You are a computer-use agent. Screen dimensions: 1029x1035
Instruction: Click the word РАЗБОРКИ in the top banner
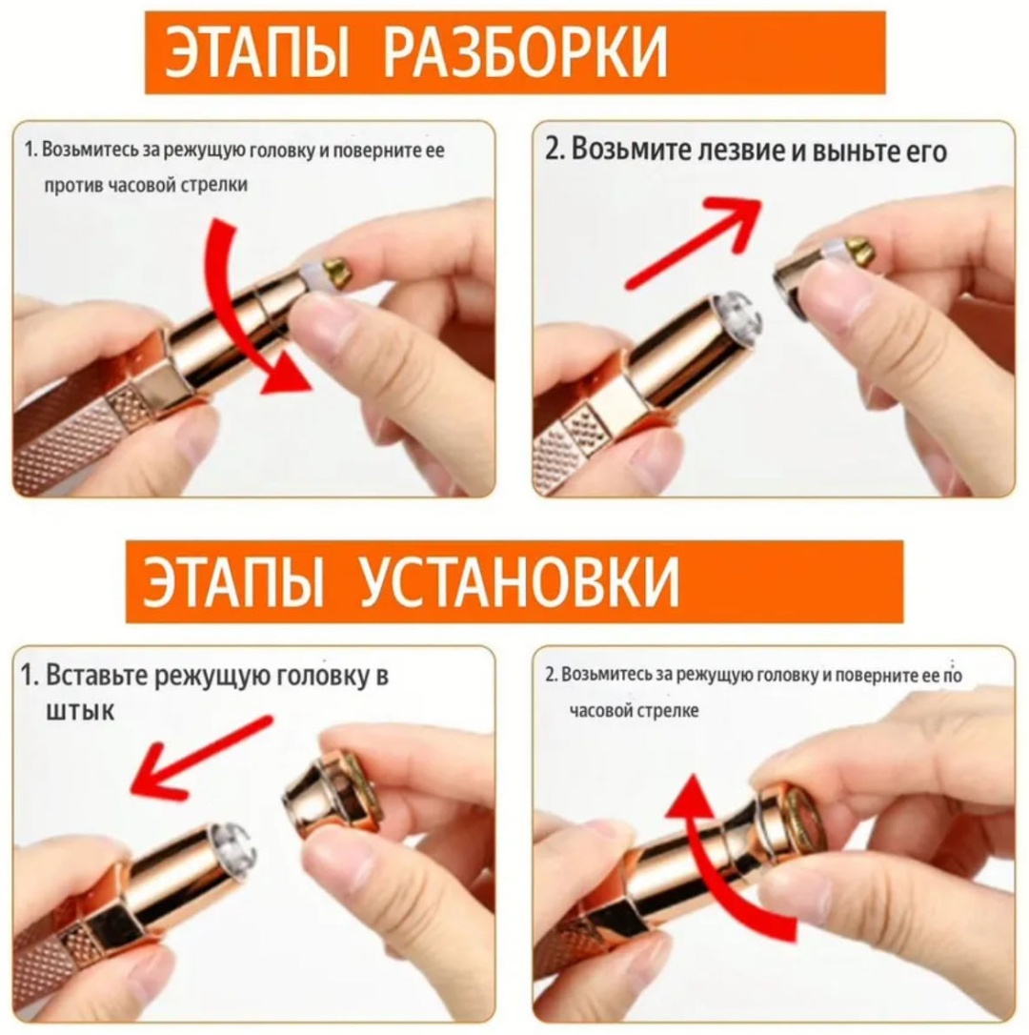coord(525,52)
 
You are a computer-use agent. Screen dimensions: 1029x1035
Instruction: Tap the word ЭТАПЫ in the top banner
coord(256,52)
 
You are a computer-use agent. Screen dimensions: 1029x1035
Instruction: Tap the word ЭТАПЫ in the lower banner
coord(233,580)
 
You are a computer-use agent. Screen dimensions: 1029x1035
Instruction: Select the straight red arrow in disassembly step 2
coord(693,242)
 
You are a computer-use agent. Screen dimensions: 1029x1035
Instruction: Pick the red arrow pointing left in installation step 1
coord(201,757)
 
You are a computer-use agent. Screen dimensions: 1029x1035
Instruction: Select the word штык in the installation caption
coord(80,711)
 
